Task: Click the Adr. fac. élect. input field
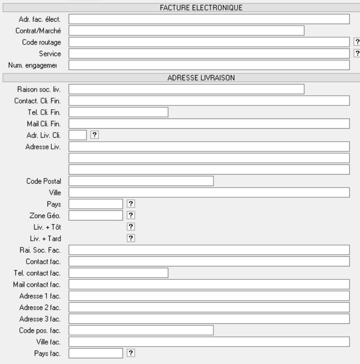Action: [x=209, y=19]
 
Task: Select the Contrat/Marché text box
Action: [x=186, y=30]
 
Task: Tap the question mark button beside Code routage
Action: [x=357, y=42]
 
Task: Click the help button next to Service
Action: [x=357, y=53]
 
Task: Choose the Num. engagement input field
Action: [x=209, y=64]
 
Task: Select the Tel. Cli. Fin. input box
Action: [x=118, y=112]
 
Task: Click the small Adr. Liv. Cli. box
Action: [x=77, y=135]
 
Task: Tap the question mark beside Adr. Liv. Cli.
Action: [x=95, y=135]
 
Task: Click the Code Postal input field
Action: [x=141, y=181]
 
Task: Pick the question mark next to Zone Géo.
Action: [x=130, y=215]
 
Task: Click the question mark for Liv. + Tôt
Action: [x=130, y=226]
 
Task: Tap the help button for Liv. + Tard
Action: [x=130, y=238]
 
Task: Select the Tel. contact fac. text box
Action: [x=118, y=273]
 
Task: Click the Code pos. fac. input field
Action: [x=141, y=330]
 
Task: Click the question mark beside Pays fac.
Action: [x=130, y=353]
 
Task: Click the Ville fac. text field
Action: [x=209, y=342]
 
